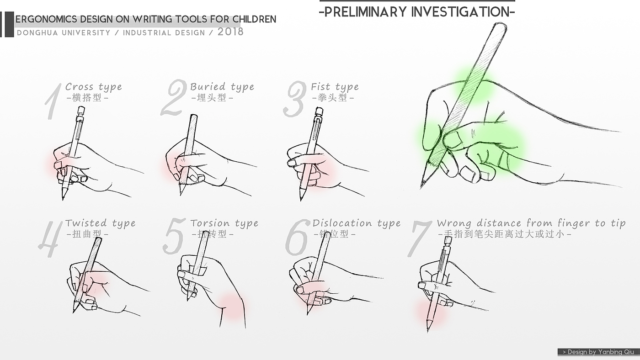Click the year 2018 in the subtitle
[230, 32]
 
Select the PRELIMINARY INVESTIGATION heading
[417, 12]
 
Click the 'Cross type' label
[93, 87]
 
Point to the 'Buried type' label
[222, 87]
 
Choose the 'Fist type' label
[335, 87]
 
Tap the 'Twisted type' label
[100, 223]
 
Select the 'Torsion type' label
[224, 223]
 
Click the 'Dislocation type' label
[357, 223]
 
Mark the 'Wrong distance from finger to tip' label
[531, 223]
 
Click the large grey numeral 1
[53, 101]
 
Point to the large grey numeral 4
[51, 238]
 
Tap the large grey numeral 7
[420, 238]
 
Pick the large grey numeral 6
[297, 238]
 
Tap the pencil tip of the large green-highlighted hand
[421, 188]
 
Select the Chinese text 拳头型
[332, 98]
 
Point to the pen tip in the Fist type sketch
[301, 200]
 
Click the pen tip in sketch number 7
[428, 332]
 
